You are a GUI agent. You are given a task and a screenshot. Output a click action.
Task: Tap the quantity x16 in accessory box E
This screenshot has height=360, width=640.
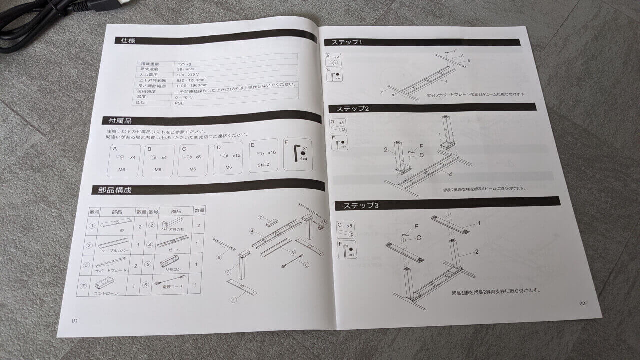272,152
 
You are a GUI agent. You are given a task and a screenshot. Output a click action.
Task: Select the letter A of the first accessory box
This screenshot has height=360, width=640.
115,149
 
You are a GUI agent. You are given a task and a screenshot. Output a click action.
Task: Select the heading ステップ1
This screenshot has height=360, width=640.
343,43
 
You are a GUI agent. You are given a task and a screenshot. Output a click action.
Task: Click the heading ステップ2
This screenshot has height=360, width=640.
353,108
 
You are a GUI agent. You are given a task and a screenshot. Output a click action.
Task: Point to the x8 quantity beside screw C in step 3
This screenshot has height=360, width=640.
350,225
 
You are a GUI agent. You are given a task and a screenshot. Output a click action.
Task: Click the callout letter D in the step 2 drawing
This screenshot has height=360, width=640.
422,155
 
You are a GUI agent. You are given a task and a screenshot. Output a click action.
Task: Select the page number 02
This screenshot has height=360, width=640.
582,303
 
